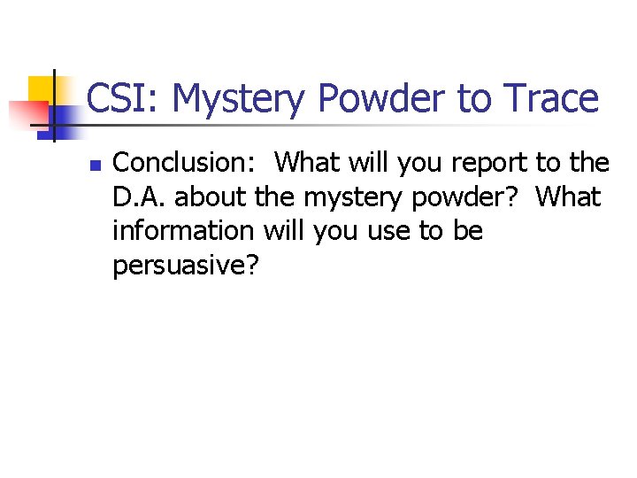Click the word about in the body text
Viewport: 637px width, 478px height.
click(197, 197)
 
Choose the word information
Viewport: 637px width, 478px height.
click(183, 230)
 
